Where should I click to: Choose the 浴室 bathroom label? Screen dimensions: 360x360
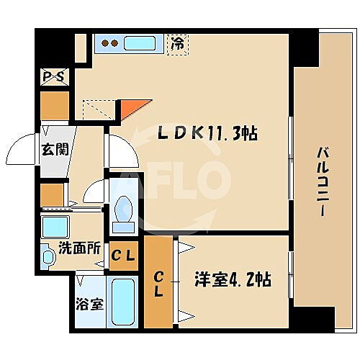(x=89, y=303)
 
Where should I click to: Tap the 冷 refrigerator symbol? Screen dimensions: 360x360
(x=177, y=43)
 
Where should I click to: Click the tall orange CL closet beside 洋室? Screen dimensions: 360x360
(x=158, y=283)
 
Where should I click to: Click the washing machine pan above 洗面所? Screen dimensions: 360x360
(x=55, y=228)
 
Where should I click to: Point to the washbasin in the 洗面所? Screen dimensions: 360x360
(x=48, y=256)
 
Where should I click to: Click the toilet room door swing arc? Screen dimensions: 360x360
(x=94, y=193)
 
